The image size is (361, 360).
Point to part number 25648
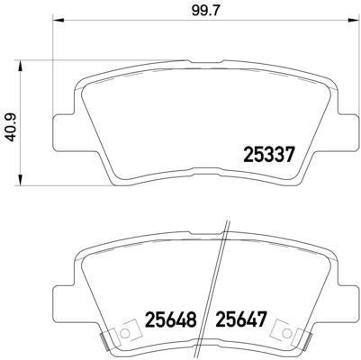pyautogui.click(x=171, y=318)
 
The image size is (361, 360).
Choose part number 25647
pyautogui.click(x=241, y=318)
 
